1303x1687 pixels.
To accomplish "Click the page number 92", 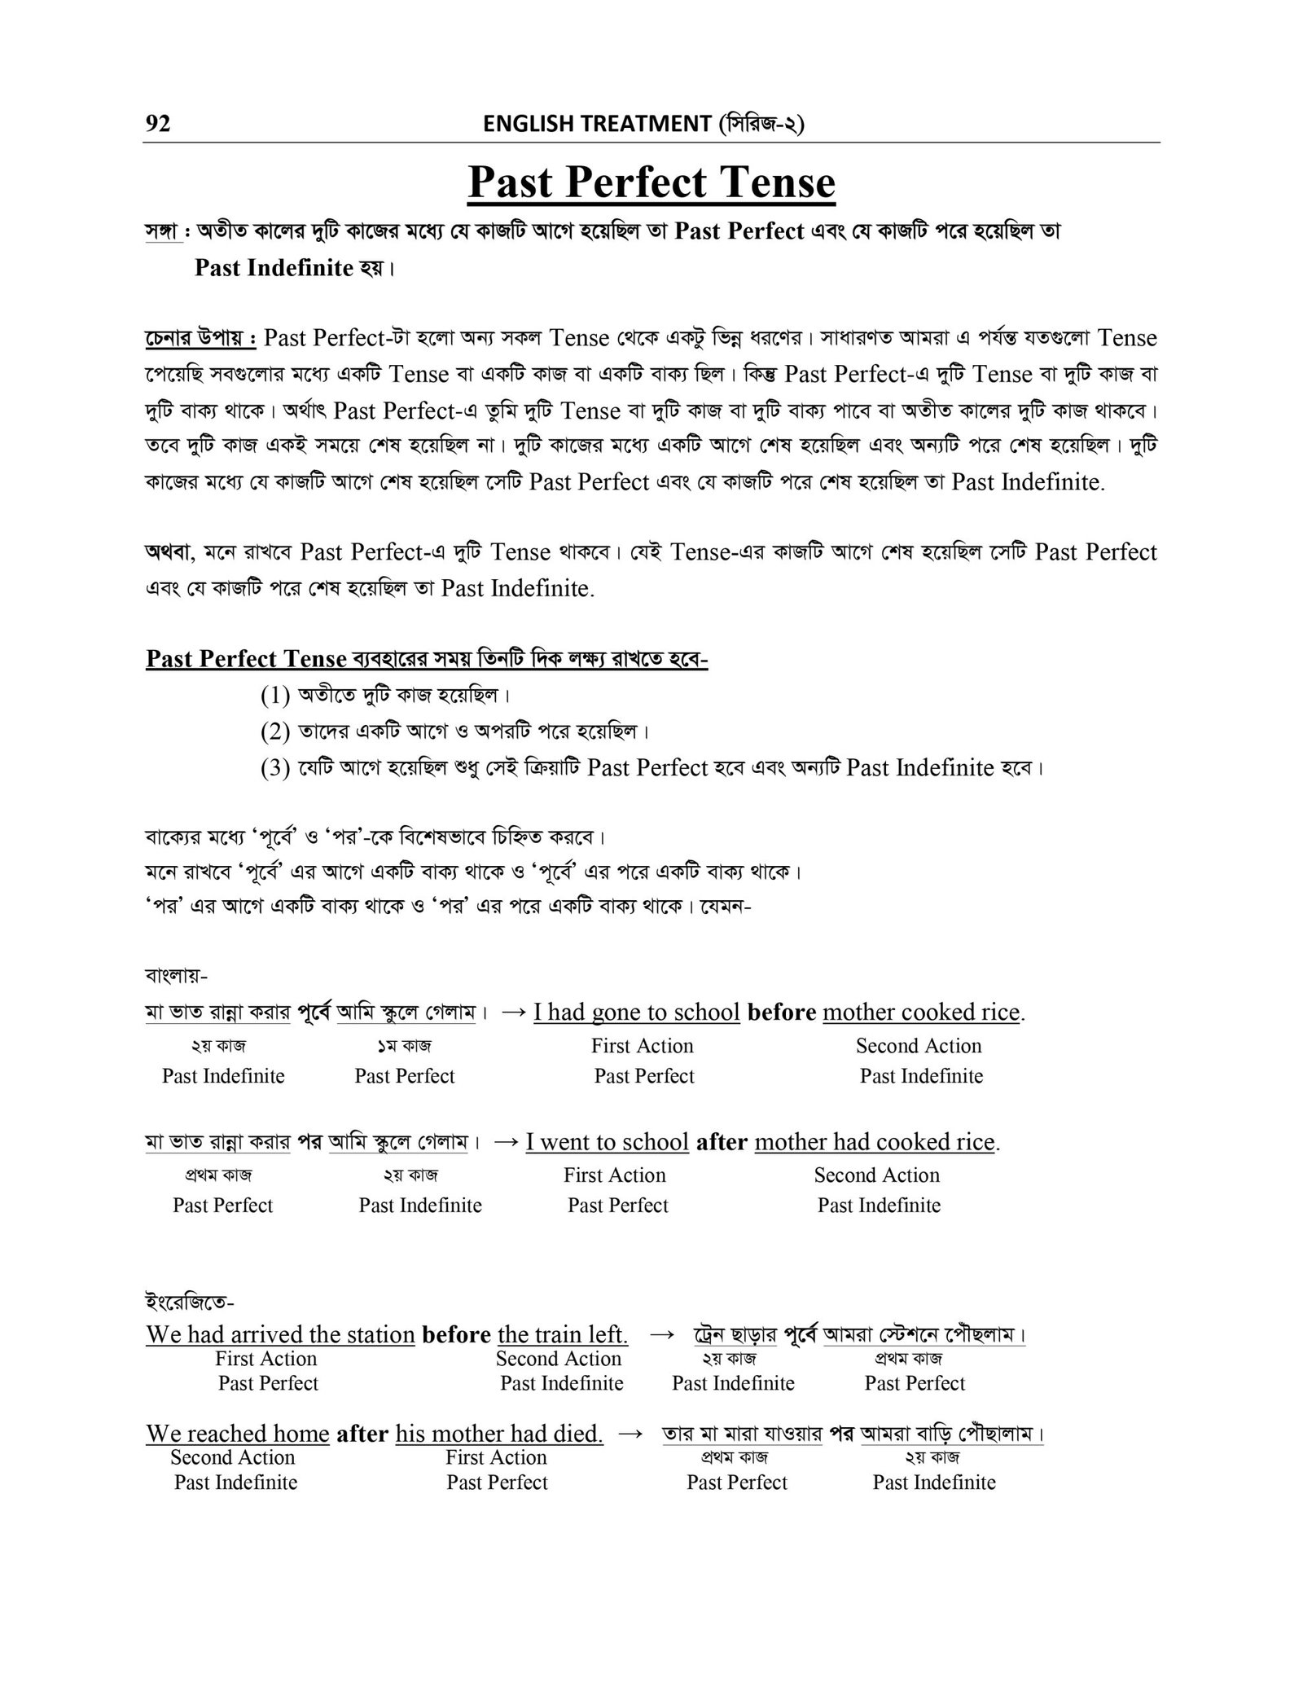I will [158, 124].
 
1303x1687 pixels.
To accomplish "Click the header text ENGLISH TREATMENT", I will [597, 124].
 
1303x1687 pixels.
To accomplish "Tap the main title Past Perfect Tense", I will [651, 182].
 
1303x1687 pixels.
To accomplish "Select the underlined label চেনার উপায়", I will [199, 337].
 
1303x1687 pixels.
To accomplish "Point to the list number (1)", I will [275, 696].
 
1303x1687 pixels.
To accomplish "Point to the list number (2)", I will [275, 731].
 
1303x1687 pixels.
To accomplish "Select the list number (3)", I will [275, 767].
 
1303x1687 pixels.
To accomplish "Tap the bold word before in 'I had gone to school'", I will [781, 1013].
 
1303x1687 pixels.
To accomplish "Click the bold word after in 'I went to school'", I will [722, 1142].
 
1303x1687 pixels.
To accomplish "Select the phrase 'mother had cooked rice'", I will [875, 1142].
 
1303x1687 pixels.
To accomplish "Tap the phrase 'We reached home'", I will [238, 1434].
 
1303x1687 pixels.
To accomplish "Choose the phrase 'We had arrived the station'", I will [280, 1335].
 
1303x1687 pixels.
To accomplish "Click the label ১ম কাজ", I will [400, 1045].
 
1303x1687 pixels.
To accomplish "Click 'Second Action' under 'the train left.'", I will [559, 1359].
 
